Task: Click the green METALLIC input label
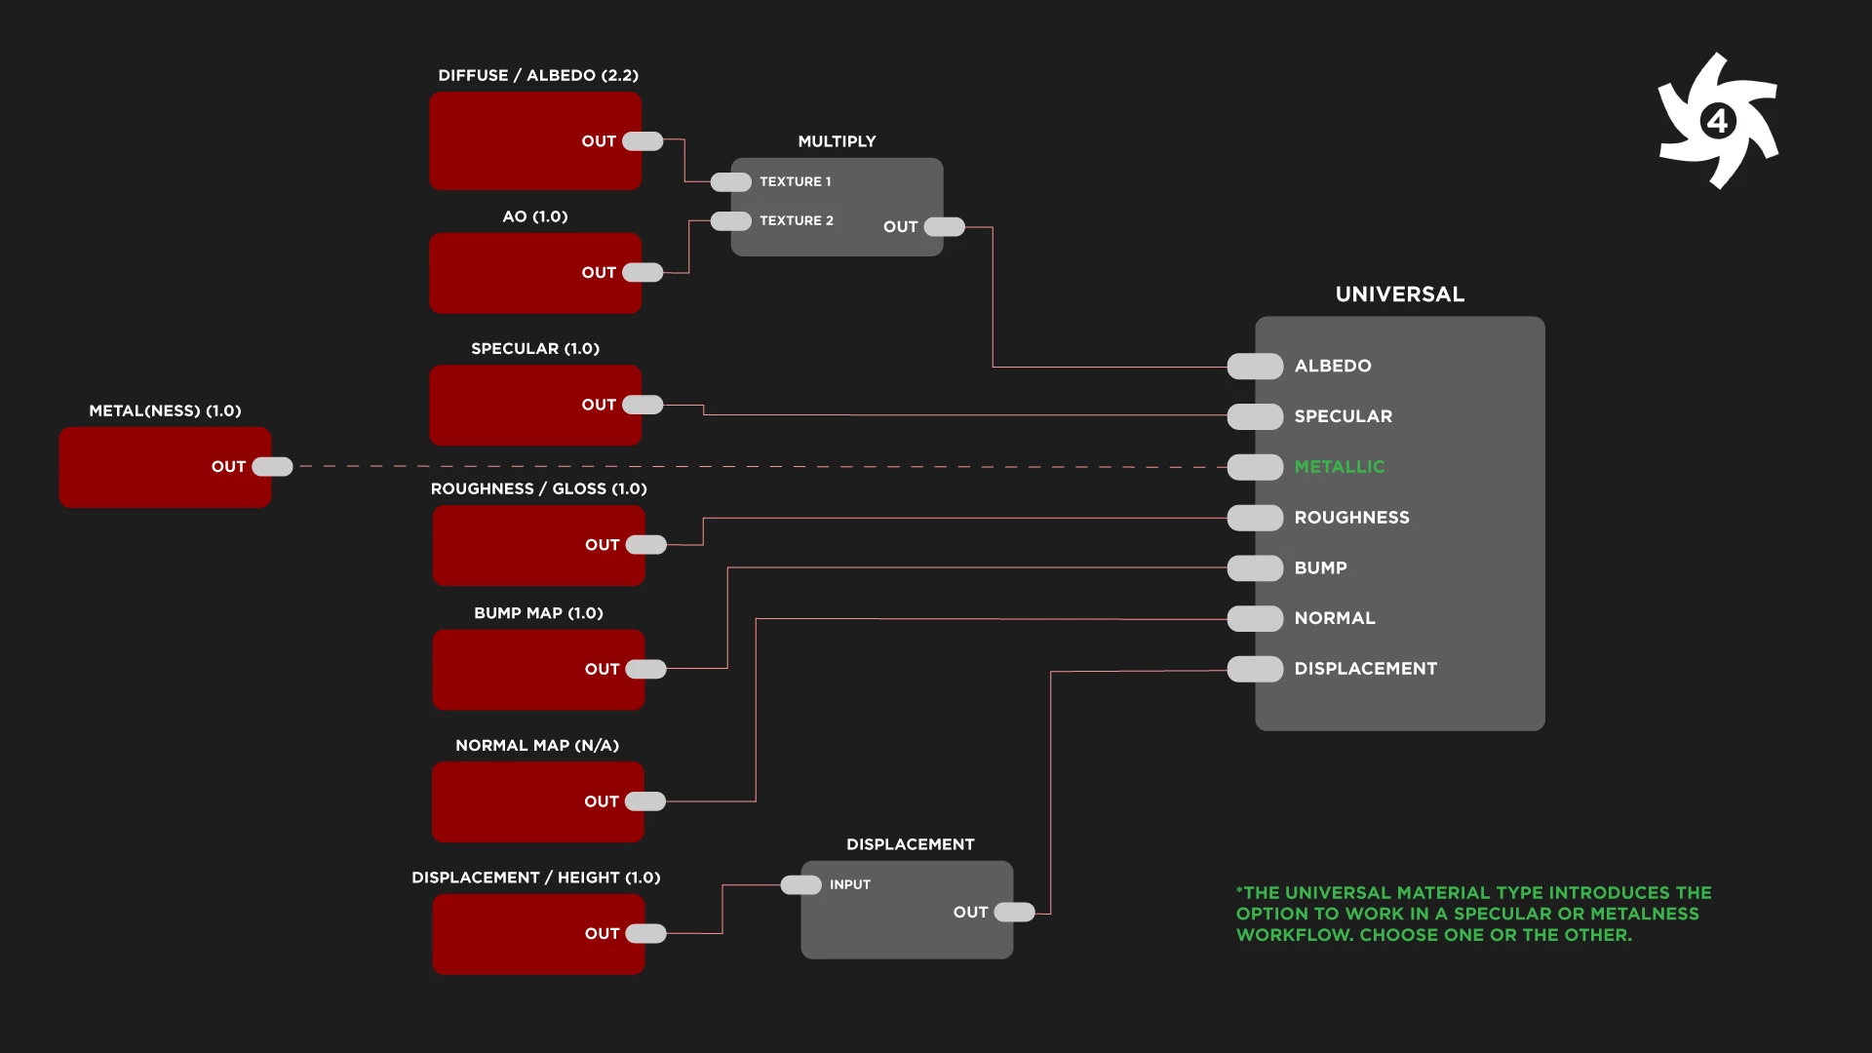coord(1339,467)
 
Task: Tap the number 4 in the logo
coord(1717,122)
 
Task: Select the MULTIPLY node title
coord(837,141)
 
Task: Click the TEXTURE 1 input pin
coord(730,182)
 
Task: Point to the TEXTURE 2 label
coord(796,221)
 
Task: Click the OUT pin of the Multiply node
coord(944,227)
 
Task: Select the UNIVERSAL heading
coord(1399,294)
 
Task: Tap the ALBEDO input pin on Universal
coord(1255,367)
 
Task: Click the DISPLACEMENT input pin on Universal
coord(1255,669)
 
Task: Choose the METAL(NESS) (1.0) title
coord(165,410)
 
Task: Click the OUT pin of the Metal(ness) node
coord(272,467)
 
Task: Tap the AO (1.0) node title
coord(534,216)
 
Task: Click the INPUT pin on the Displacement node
coord(800,885)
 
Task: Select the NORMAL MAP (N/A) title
coord(537,746)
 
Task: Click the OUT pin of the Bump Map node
coord(645,669)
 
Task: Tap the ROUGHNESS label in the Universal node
coord(1351,518)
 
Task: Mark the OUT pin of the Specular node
coord(643,405)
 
